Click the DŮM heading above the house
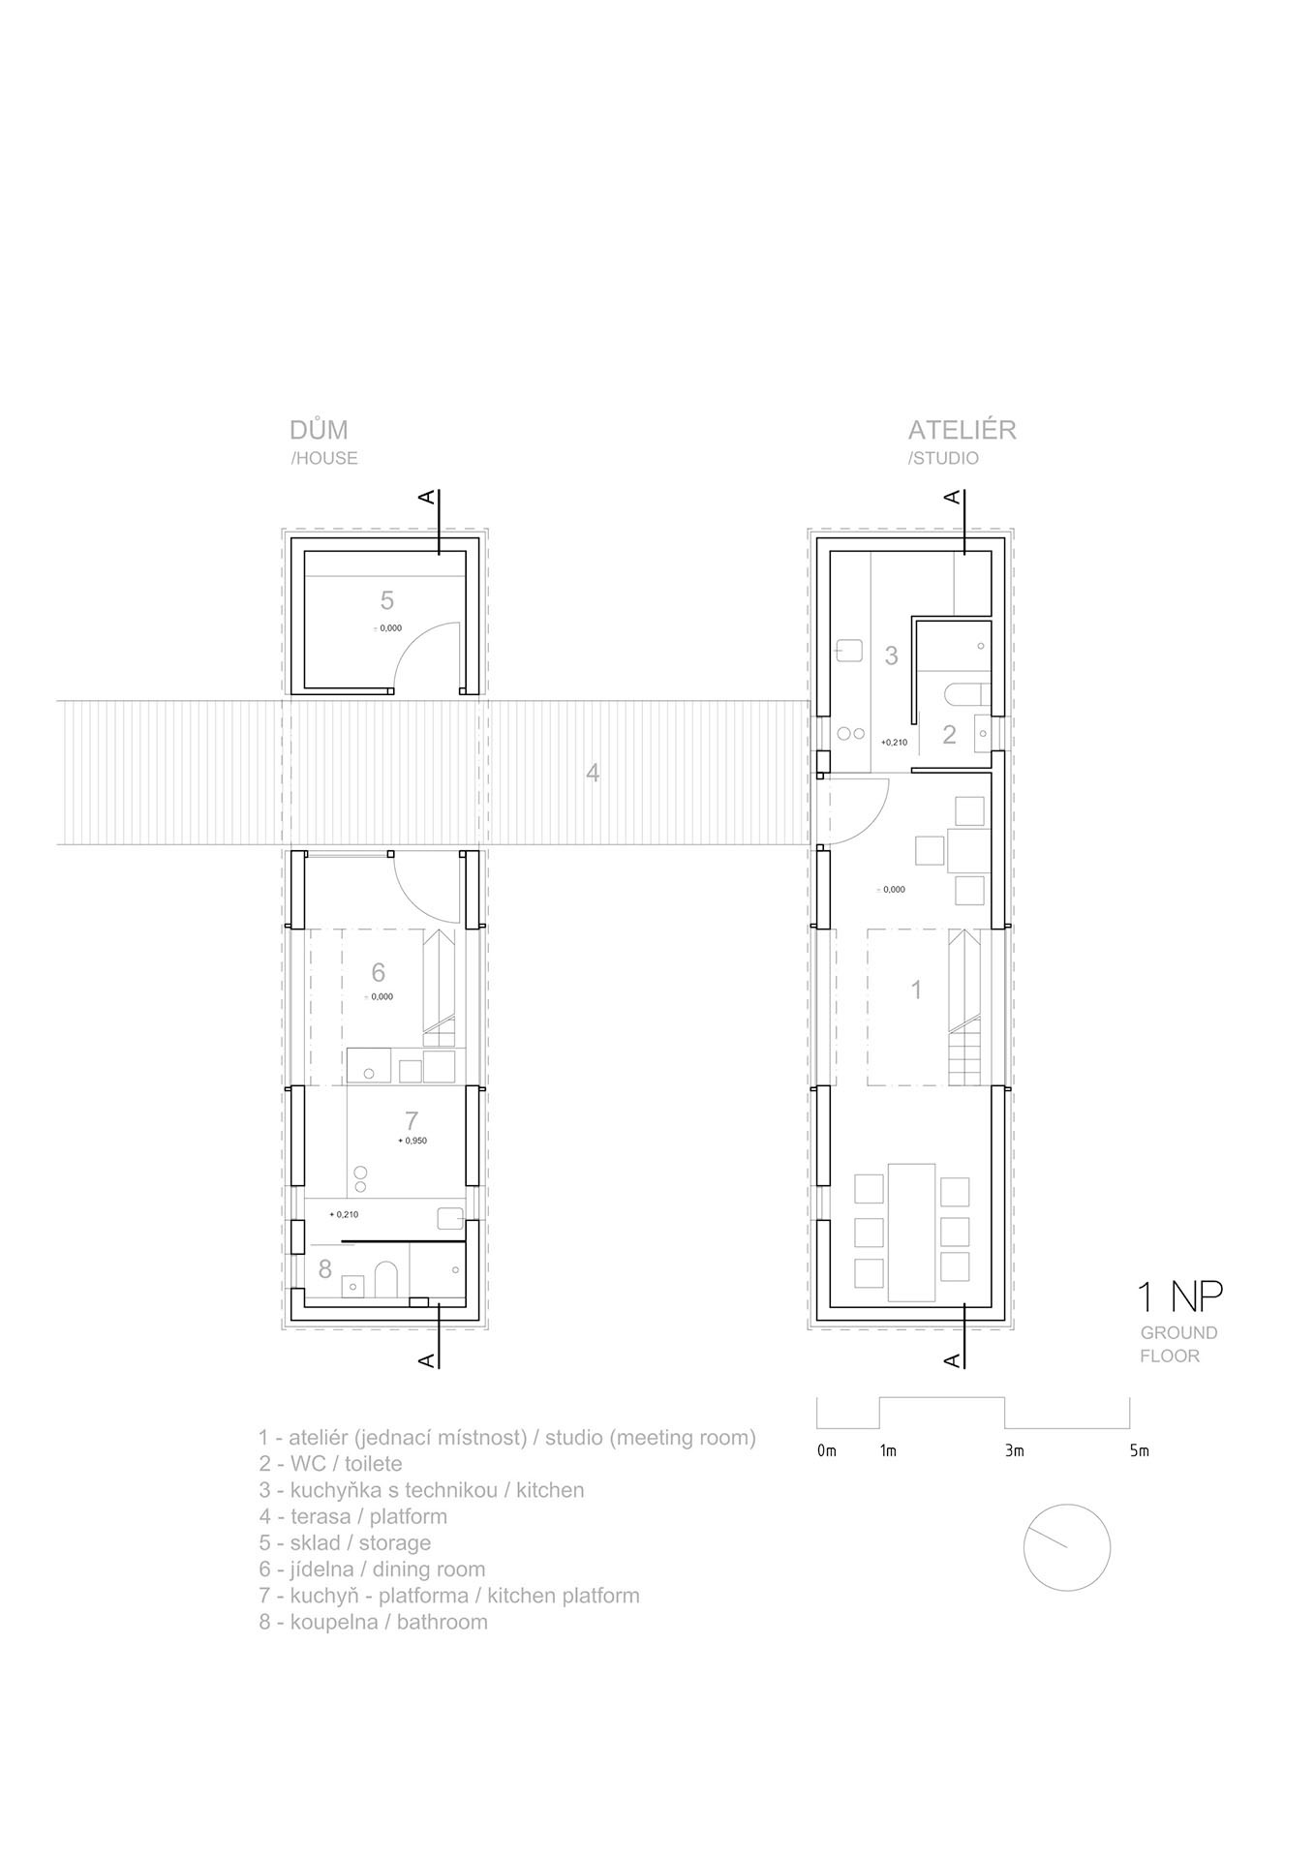click(319, 429)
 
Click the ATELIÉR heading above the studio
click(962, 430)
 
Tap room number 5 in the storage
click(387, 600)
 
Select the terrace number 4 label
click(593, 773)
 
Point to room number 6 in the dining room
click(379, 972)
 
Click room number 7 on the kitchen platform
click(412, 1121)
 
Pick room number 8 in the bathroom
click(324, 1267)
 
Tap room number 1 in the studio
click(916, 990)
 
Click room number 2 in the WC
click(949, 734)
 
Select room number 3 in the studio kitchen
click(892, 655)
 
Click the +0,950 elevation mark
click(413, 1141)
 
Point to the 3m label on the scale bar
click(1014, 1450)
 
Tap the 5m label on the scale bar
click(1139, 1450)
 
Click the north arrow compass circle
click(1066, 1505)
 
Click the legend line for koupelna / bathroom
click(373, 1622)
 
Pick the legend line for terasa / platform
click(352, 1516)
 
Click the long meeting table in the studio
click(911, 1231)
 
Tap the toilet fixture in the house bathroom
click(385, 1279)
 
